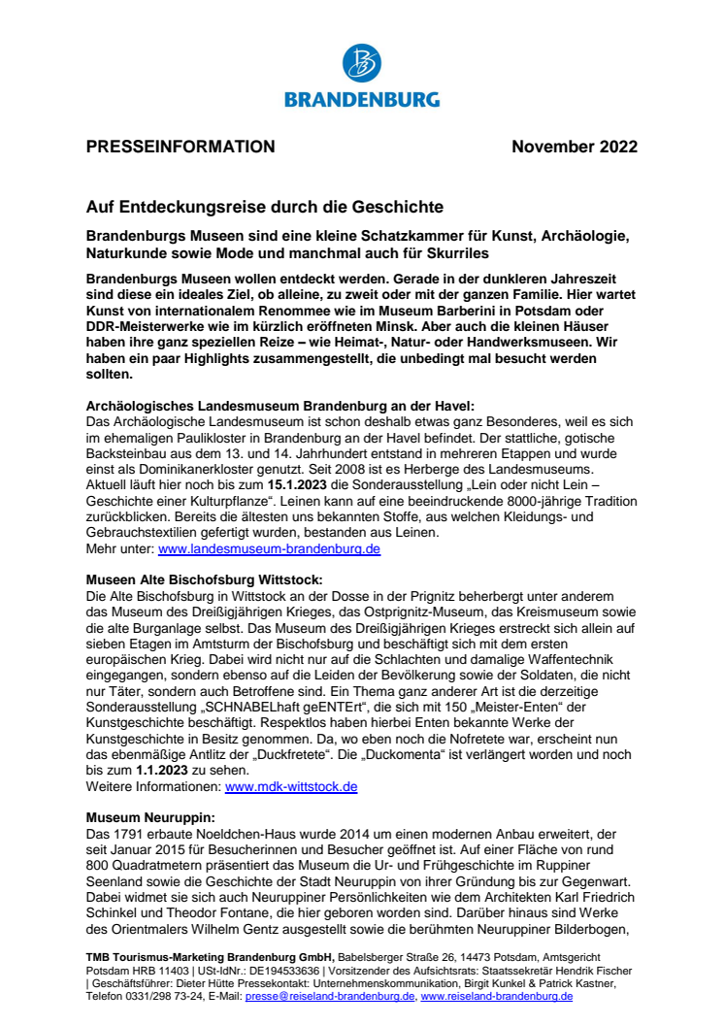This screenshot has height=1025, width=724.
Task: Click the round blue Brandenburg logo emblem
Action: coord(361,62)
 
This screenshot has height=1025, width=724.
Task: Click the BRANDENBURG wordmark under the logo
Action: coord(361,99)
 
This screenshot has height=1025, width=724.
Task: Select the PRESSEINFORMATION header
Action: coord(181,148)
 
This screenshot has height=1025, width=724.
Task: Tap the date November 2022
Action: coord(575,148)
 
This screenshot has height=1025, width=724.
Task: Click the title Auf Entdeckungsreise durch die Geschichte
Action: coord(265,207)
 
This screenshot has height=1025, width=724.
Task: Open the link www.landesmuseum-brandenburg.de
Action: coord(269,548)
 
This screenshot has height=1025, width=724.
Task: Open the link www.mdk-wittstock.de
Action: coord(291,786)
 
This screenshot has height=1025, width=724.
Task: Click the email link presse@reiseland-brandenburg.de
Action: coord(330,996)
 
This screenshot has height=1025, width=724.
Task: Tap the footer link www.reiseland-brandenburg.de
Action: coord(496,996)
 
